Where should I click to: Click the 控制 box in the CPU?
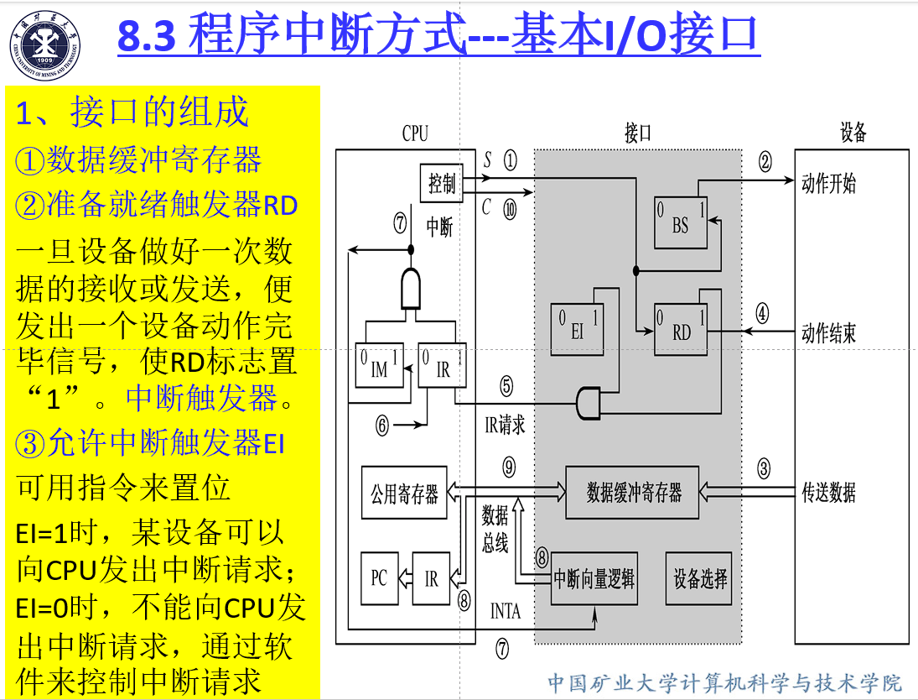442,184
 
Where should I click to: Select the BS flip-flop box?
680,220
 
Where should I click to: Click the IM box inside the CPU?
379,365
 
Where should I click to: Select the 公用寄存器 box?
404,493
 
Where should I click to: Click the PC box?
379,578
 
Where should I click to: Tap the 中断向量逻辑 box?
594,579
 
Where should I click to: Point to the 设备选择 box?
700,577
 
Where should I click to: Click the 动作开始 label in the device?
828,184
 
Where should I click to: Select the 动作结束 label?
828,333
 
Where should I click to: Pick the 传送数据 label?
828,493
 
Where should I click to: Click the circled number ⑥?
382,426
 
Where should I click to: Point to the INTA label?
505,611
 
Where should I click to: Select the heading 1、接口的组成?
132,112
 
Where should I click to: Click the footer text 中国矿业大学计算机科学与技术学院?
724,682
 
